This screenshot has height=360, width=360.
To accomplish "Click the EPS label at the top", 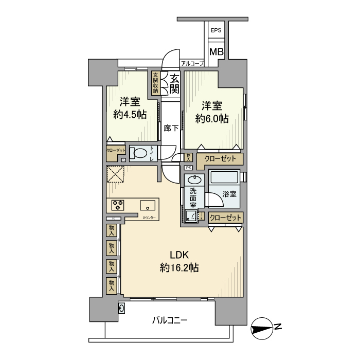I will coord(216,31).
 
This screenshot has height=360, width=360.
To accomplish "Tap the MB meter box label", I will coord(216,52).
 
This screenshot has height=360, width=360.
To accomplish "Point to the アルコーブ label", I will coord(192,63).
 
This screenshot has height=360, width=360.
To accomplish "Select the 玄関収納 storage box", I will coord(155,83).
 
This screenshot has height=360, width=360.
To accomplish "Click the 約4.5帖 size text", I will coord(130,114).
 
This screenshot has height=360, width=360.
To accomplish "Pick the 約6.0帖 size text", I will coord(211,119).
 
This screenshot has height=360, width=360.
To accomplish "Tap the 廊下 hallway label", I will coord(171,129).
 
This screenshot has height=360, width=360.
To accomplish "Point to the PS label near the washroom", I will coord(188,168).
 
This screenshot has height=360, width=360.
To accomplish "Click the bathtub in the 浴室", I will coord(225,177).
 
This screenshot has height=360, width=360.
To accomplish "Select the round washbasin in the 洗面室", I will coord(195,180).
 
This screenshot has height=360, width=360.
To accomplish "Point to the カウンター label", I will coord(150,219).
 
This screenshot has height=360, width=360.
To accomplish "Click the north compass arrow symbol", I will coord(266,328).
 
